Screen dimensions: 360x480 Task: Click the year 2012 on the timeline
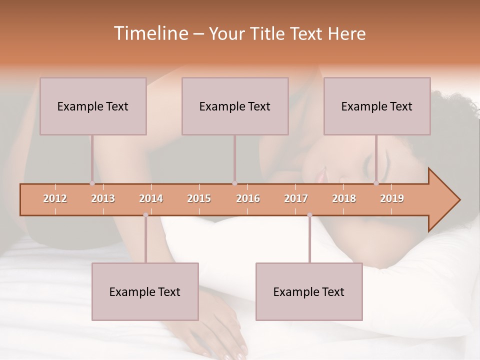tap(55, 198)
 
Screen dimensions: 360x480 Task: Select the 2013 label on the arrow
tap(103, 198)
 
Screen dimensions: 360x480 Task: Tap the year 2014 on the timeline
tap(151, 198)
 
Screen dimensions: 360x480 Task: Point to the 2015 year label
tap(199, 198)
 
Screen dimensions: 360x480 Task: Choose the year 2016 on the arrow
tap(248, 198)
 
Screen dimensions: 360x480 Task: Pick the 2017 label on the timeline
tap(296, 198)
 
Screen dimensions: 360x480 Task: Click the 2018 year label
tap(344, 198)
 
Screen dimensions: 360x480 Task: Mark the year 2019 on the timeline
tap(392, 198)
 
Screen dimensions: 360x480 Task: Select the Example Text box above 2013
tap(93, 106)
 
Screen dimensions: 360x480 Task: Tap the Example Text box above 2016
tap(235, 106)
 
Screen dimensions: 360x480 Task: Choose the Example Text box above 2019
tap(377, 106)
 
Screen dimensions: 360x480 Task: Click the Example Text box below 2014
tap(145, 291)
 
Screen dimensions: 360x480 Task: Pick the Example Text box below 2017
tap(309, 291)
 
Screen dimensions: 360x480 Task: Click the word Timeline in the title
tap(150, 33)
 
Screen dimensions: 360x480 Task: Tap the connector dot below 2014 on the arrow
tap(145, 215)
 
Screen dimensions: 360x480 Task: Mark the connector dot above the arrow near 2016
tap(234, 183)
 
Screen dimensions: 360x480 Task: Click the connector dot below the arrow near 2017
tap(309, 215)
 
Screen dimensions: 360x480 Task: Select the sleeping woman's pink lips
tap(319, 174)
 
